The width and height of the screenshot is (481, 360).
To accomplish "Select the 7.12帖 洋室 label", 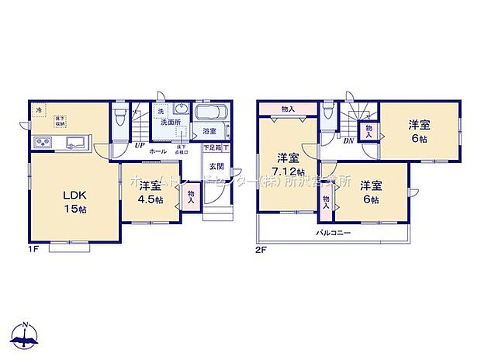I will [x=286, y=165].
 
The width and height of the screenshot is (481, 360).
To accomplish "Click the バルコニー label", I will [x=334, y=233].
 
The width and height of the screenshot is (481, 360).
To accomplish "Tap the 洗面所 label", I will [x=171, y=123].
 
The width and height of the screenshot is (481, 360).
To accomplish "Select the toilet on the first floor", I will [x=119, y=120].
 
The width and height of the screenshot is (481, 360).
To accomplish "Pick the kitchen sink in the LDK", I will [x=76, y=142].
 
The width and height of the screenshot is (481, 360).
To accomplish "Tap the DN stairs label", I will [x=350, y=141].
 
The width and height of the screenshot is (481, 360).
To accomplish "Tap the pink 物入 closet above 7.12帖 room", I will [x=288, y=109].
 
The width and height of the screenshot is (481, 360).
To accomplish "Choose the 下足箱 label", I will [x=211, y=147].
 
